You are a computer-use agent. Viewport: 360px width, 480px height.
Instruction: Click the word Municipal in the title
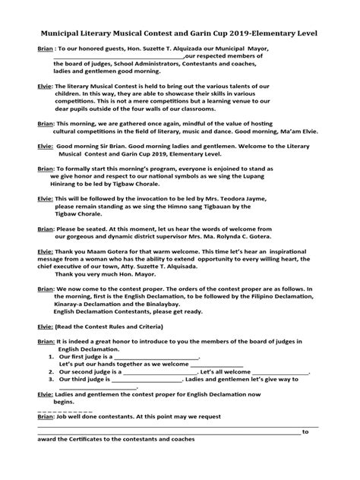point(64,34)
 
